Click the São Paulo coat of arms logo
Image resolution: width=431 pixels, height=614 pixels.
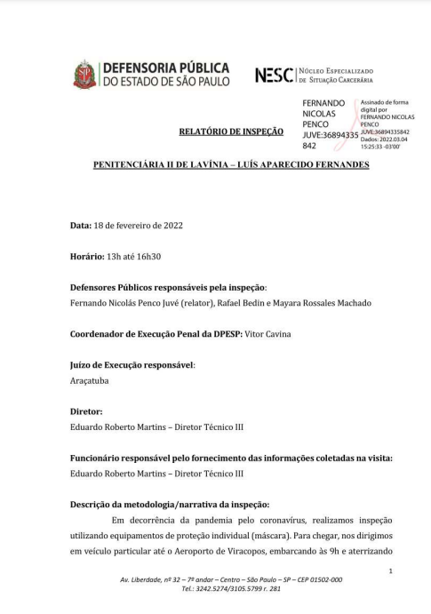click(x=84, y=75)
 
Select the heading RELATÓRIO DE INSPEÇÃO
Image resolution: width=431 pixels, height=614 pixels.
click(x=231, y=132)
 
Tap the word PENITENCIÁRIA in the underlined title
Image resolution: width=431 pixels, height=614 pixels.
click(x=137, y=166)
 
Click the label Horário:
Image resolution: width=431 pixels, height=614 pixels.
click(x=90, y=257)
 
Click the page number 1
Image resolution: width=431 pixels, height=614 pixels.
click(x=390, y=572)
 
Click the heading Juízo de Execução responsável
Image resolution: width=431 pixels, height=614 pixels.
click(x=132, y=364)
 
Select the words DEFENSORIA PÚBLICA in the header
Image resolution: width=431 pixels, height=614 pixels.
click(x=166, y=68)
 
